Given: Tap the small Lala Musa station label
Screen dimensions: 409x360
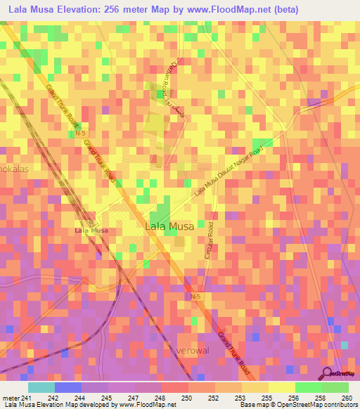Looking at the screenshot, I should [x=91, y=231].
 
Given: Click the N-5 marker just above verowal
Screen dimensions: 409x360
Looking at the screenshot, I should [x=195, y=298].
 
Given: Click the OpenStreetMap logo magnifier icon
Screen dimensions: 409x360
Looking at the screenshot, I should [x=328, y=373].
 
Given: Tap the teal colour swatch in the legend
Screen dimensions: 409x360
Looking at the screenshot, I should [x=41, y=387].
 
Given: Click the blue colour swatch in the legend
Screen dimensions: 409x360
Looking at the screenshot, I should [x=68, y=387].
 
